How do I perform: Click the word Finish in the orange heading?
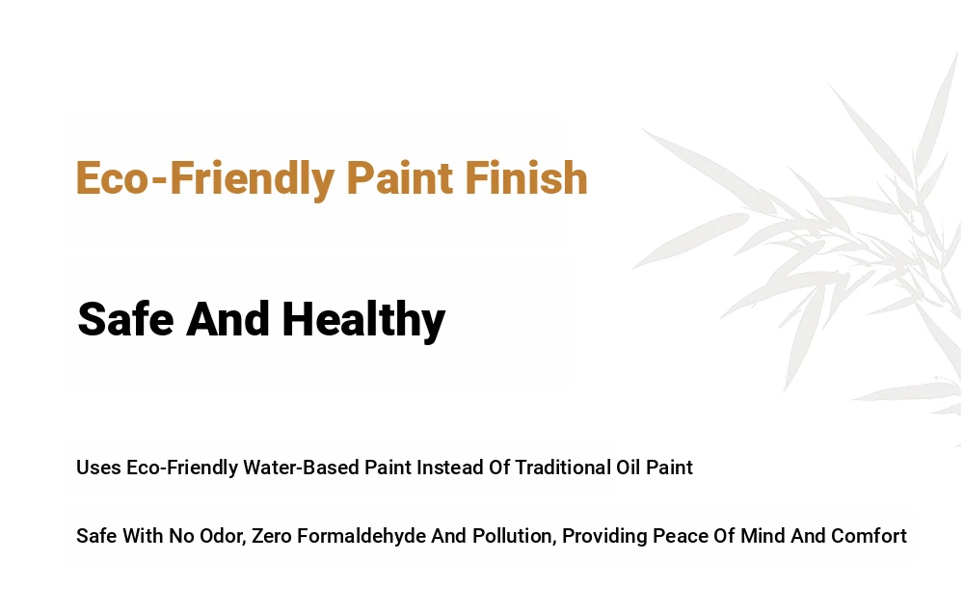(526, 177)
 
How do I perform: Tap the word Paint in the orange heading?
(400, 177)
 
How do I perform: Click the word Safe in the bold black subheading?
(125, 319)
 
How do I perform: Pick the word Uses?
(98, 468)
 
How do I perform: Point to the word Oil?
(629, 468)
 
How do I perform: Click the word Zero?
(272, 536)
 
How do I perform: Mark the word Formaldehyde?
(361, 536)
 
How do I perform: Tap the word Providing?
(605, 537)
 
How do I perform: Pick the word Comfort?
(869, 536)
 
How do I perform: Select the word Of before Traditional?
(499, 468)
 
